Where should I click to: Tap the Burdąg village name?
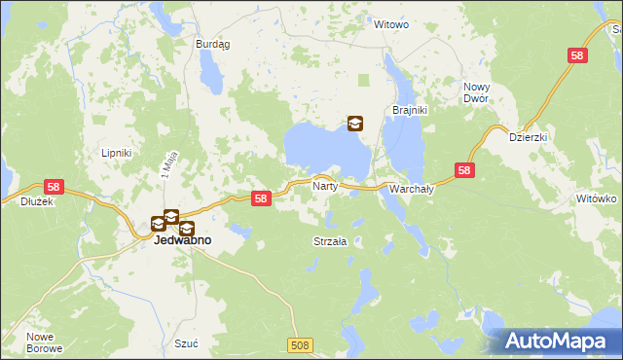[x=212, y=44]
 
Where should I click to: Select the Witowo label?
[x=391, y=24]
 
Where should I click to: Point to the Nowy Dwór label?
[x=476, y=93]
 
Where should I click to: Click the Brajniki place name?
[x=410, y=110]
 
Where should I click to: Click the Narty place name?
[x=324, y=184]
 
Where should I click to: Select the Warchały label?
[x=411, y=189]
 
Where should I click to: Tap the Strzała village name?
[x=330, y=240]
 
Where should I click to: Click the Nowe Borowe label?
[x=45, y=342]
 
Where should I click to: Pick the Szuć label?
[x=185, y=343]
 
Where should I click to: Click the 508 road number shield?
[x=302, y=344]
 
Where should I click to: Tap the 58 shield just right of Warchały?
[x=464, y=171]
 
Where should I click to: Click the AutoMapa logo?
[x=559, y=341]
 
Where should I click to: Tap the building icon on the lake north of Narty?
[x=355, y=124]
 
